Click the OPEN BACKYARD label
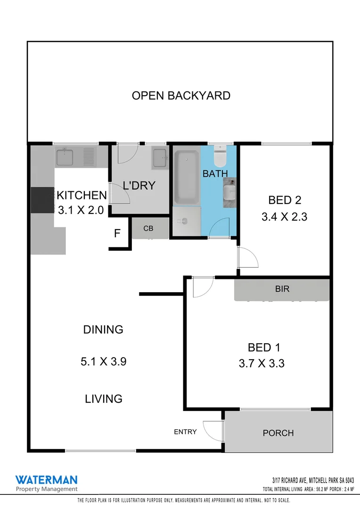181,96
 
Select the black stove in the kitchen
43,200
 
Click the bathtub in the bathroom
186,177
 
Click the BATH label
215,174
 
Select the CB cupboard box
149,229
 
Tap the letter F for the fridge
117,233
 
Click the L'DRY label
139,186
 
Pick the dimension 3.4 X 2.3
284,218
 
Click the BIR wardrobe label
282,289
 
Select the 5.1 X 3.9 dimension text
103,362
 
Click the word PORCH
278,433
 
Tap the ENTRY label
185,432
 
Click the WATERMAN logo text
46,480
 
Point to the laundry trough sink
160,156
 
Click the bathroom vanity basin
229,192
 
